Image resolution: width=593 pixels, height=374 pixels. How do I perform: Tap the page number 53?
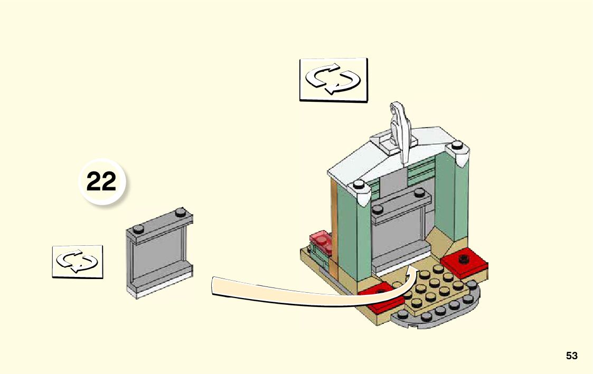[x=571, y=356]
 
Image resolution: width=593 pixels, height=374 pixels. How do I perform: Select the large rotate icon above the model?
[x=334, y=79]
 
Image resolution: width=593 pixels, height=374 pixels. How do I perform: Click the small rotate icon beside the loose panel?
[x=77, y=261]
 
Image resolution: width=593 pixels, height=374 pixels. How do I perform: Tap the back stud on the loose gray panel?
[x=181, y=213]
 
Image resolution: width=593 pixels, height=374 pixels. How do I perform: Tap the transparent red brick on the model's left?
[x=321, y=240]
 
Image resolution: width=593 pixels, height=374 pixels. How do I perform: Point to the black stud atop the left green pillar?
[x=359, y=185]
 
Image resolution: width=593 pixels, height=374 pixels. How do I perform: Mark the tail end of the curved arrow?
[x=213, y=285]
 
